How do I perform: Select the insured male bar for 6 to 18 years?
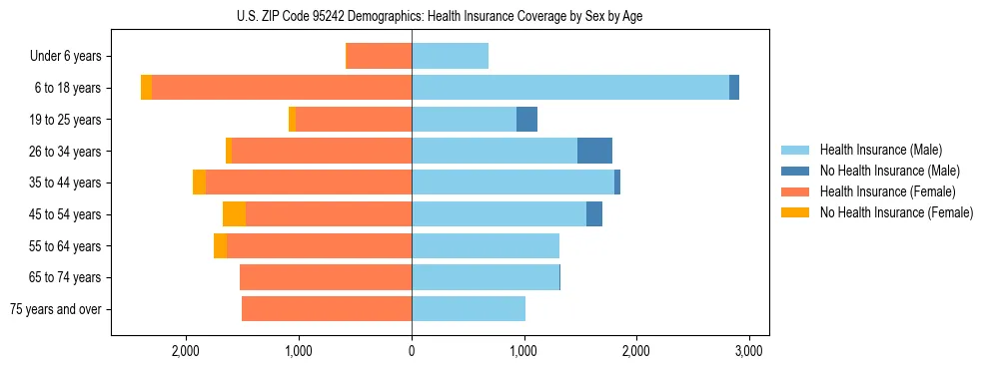(569, 88)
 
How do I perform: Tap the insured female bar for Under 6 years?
(379, 56)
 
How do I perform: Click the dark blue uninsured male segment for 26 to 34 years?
(594, 151)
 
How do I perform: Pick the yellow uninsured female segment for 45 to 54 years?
(234, 214)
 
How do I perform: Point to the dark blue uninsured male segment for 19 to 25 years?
(526, 120)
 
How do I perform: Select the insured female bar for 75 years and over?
(327, 309)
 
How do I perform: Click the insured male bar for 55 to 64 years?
(486, 246)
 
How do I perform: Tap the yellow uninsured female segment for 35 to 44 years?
(199, 183)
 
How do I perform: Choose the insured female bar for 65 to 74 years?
(326, 277)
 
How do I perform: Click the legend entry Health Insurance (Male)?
(880, 150)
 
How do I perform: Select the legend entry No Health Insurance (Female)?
(896, 212)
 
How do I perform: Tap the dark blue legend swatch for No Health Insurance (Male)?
(796, 171)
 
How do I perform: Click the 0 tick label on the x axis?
(412, 351)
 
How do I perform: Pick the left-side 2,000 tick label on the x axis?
(187, 351)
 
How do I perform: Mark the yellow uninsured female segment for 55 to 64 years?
(220, 246)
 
